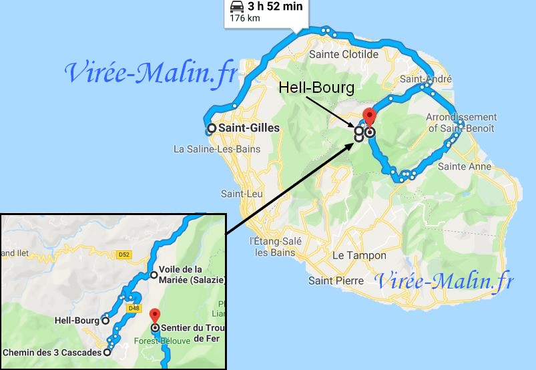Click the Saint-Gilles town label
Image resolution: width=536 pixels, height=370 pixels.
[x=250, y=128]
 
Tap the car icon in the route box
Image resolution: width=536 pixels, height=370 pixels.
[x=237, y=7]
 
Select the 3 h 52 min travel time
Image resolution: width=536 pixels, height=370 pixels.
[x=275, y=7]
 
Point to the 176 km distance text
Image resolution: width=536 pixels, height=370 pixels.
[x=245, y=18]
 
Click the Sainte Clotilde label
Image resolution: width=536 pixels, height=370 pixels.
[x=344, y=54]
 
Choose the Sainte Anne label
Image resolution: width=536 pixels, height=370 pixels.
[x=467, y=166]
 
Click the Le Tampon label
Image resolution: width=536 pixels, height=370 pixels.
[x=359, y=255]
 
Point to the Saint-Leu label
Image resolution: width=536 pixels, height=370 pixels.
[x=240, y=194]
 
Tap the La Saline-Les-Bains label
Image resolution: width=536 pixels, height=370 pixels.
[x=212, y=148]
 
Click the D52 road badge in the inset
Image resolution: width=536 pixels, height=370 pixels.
[x=123, y=254]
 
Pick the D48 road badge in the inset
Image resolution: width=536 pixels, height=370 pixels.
[x=133, y=308]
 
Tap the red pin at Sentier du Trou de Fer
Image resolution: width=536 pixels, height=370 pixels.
[x=155, y=315]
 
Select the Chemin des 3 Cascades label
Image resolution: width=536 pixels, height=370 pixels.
[x=51, y=352]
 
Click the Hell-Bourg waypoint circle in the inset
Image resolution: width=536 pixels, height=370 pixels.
[x=105, y=320]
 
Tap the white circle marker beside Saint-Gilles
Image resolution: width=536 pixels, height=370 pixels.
[x=212, y=128]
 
